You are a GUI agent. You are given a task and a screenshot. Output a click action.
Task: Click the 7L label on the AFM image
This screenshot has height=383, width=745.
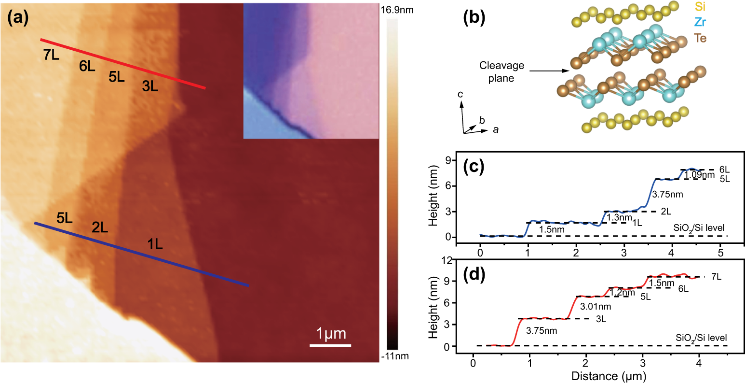pos(51,56)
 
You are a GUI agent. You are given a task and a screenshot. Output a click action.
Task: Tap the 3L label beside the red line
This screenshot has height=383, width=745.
pos(150,86)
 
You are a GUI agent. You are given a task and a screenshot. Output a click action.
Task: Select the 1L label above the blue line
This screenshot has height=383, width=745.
pos(155,244)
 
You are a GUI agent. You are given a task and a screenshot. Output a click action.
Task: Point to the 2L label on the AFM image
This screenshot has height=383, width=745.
pos(100,227)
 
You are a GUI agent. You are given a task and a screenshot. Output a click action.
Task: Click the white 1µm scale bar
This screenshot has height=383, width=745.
pos(330,345)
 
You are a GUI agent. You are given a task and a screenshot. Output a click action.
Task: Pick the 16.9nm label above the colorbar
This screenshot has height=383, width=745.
pos(397,10)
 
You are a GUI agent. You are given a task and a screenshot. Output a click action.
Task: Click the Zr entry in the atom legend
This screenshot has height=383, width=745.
pos(701,22)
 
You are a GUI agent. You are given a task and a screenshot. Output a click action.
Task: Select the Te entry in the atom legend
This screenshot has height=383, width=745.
pos(701,38)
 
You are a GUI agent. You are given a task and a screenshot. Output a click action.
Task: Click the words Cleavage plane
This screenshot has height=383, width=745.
pos(501,72)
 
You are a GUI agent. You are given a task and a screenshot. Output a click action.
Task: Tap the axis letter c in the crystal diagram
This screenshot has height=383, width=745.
pos(460,95)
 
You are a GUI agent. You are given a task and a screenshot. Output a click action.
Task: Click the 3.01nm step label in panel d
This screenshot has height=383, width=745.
pos(595,307)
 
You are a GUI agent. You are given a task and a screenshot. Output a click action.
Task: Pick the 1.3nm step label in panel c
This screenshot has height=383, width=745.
pos(619,218)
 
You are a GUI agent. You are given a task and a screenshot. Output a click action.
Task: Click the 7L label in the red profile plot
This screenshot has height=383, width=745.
pos(716,277)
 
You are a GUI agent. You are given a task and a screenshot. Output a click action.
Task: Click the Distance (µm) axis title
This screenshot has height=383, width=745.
pos(609,376)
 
